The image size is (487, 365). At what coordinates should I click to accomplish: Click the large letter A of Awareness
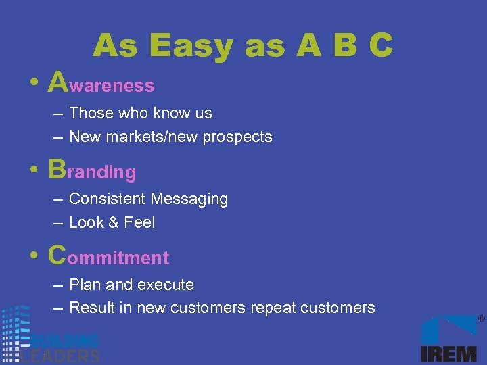pyautogui.click(x=59, y=82)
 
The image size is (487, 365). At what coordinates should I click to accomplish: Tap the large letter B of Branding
pyautogui.click(x=57, y=169)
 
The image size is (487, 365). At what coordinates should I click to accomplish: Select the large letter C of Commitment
pyautogui.click(x=58, y=255)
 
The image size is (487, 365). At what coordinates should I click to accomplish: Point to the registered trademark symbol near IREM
pyautogui.click(x=481, y=318)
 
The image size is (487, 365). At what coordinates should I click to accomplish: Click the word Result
pyautogui.click(x=92, y=308)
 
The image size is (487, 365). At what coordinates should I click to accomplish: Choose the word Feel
pyautogui.click(x=140, y=222)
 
